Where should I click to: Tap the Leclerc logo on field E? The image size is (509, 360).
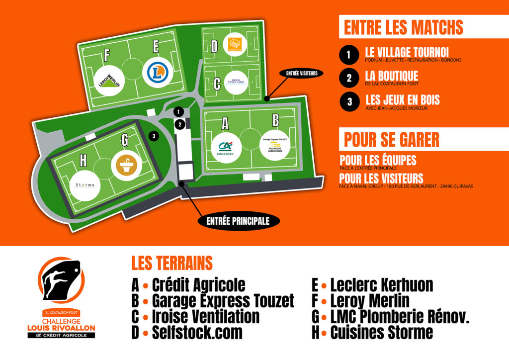click(158, 73)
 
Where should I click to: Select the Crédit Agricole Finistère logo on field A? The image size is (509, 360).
click(225, 147)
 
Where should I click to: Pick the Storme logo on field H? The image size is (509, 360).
click(85, 185)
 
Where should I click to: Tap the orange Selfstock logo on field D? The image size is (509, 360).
click(235, 44)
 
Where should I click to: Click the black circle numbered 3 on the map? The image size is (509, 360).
click(154, 136)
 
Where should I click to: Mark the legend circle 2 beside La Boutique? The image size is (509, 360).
click(349, 78)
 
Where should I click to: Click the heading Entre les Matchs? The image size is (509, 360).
click(403, 27)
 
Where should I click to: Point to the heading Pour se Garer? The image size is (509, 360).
click(391, 139)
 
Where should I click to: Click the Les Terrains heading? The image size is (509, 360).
click(171, 263)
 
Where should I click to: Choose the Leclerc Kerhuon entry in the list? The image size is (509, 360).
click(381, 285)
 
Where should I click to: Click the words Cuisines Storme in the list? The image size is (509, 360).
click(381, 332)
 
